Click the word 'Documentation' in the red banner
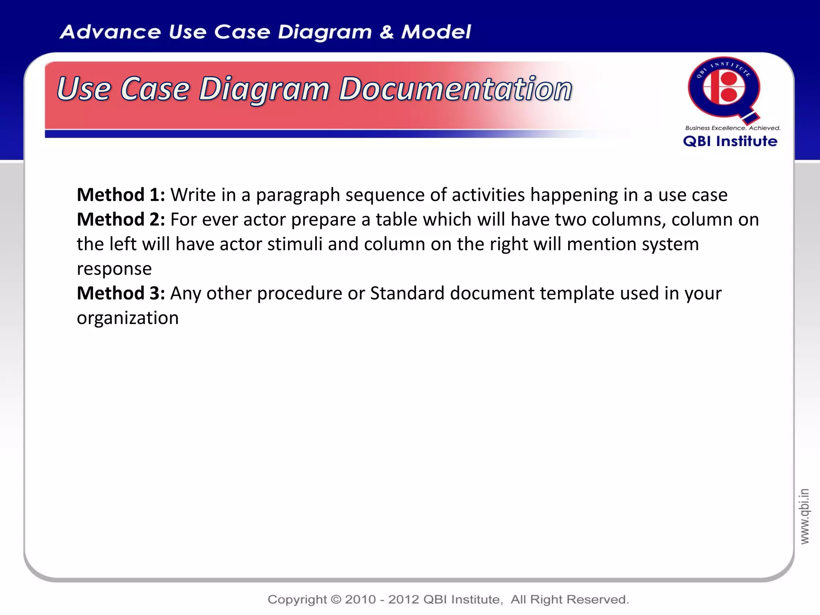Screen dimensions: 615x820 [456, 89]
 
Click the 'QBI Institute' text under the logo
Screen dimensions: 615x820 [730, 141]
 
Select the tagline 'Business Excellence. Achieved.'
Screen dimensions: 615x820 [733, 128]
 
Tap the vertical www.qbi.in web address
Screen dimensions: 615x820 [804, 516]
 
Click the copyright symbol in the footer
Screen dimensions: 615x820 [336, 599]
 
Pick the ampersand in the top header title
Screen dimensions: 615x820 [386, 32]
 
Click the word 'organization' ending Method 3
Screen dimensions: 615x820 [128, 318]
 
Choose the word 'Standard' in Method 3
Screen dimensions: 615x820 [407, 293]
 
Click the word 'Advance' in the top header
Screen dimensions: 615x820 [110, 32]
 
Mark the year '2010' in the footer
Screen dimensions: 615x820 [360, 599]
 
